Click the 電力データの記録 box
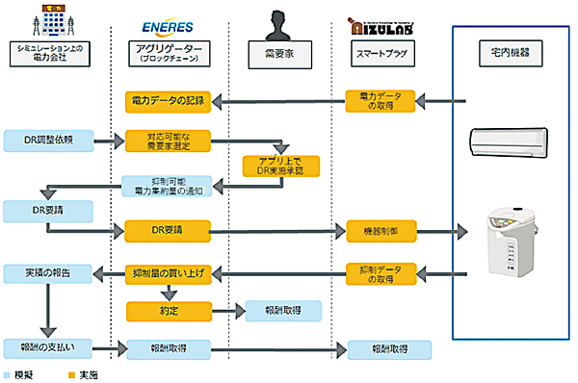click(168, 99)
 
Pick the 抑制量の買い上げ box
click(168, 273)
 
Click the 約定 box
click(168, 310)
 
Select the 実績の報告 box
click(48, 273)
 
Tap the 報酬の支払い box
click(48, 347)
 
